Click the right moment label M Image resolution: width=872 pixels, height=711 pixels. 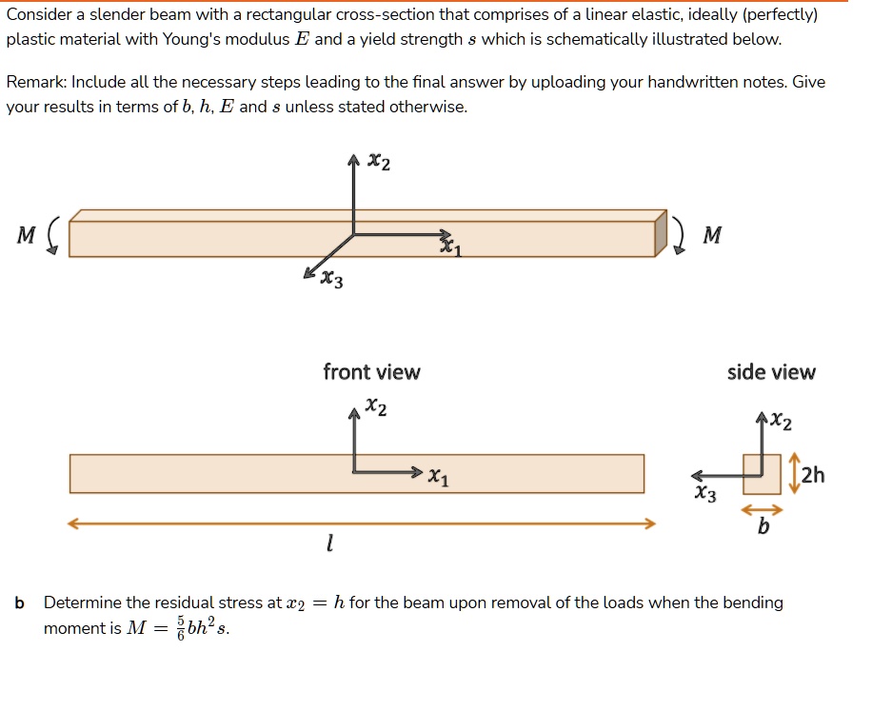click(710, 235)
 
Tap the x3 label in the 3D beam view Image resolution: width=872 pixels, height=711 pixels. click(331, 280)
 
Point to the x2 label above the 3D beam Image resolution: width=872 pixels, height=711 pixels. click(378, 163)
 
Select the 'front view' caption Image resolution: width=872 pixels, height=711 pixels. click(371, 372)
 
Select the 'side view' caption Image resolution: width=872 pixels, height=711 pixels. click(771, 372)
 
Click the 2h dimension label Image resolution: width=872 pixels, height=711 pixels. click(815, 476)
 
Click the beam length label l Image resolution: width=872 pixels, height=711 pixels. click(328, 545)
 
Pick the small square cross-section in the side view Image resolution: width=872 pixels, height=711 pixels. click(762, 473)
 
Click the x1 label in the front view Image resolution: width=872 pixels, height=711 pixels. click(439, 478)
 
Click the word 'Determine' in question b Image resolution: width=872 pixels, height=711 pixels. click(83, 602)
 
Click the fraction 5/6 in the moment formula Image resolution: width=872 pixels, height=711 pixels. click(179, 628)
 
